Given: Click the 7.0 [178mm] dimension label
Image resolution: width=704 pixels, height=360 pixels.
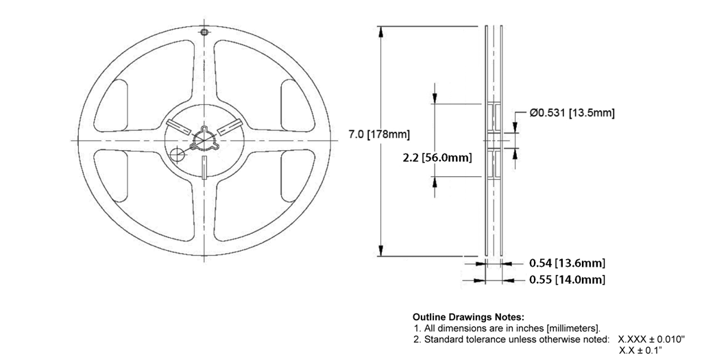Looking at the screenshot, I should point(378,134).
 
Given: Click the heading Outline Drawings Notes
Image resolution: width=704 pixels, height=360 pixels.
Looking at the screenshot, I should point(468,317).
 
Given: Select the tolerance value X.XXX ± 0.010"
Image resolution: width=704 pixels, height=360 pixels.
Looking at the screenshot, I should point(651,339).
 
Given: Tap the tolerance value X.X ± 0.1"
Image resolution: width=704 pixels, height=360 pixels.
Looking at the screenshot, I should point(644,350).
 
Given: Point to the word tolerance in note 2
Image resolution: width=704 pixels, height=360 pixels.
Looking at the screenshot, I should point(485,339).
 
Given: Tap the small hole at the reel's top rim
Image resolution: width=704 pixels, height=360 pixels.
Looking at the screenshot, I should point(204,32).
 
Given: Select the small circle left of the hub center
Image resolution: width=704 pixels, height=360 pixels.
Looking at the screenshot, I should point(178,152).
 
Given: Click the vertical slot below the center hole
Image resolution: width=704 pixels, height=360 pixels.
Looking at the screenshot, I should point(205,167).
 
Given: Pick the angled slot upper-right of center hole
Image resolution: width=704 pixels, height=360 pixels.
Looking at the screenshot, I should point(228,126).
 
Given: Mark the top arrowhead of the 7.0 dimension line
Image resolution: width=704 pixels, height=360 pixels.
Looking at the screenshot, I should point(379,31).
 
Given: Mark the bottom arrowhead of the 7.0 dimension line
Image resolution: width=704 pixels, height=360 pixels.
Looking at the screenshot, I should point(379,251).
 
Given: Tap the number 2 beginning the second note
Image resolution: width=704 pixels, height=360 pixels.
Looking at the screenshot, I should point(416,339).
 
